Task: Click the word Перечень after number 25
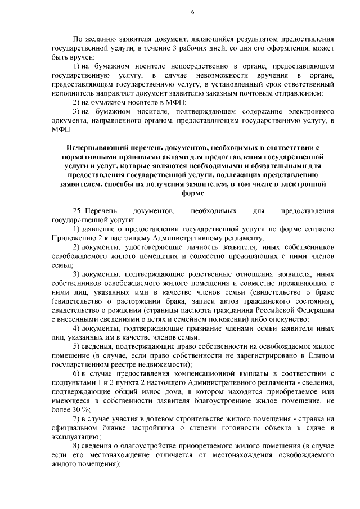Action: (103, 210)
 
